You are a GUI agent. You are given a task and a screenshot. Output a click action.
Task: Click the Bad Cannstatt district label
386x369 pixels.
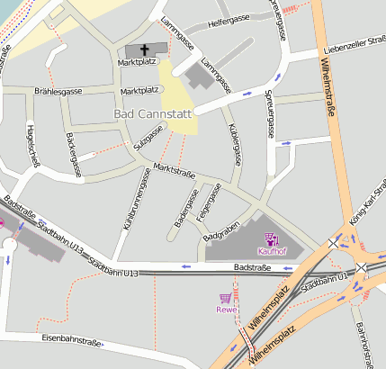click(154, 115)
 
